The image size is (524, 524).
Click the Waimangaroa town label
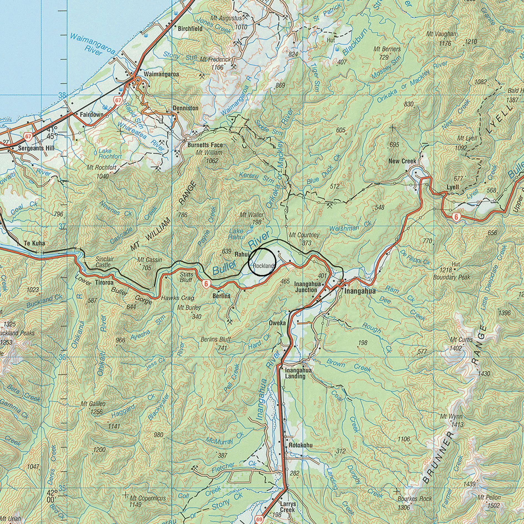[161, 74]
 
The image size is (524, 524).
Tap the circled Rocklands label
[264, 266]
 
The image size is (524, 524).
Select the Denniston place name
[185, 108]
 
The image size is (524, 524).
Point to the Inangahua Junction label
[306, 287]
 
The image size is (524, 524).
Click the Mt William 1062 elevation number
[212, 161]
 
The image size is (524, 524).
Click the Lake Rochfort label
[110, 154]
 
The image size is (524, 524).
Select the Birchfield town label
[190, 29]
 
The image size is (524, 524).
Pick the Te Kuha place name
[35, 243]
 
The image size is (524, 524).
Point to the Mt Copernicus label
[148, 498]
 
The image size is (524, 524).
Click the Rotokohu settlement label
[301, 445]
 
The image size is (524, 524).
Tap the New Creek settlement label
[402, 161]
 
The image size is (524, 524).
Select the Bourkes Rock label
[415, 499]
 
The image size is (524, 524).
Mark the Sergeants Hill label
[36, 148]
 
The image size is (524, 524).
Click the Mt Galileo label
[93, 404]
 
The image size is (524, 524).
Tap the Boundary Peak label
[452, 277]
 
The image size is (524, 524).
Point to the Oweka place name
[277, 323]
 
